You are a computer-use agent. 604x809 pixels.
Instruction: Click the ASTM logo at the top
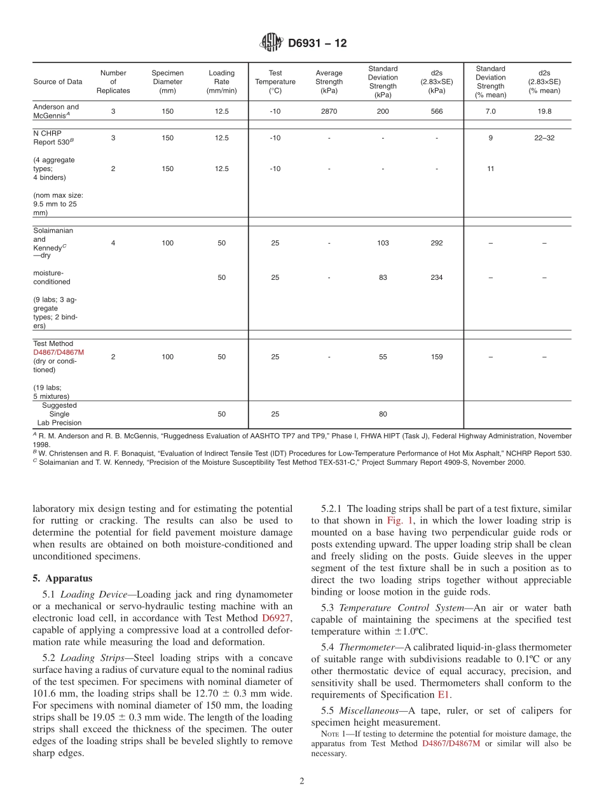[x=271, y=43]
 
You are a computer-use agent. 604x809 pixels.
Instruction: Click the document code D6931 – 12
[x=317, y=43]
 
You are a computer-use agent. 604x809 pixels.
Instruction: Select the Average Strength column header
[x=329, y=81]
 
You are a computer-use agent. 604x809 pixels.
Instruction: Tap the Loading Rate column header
[x=221, y=81]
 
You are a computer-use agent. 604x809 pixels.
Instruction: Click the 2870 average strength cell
[x=329, y=111]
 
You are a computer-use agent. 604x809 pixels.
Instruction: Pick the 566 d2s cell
[x=436, y=111]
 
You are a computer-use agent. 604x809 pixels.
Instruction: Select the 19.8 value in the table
[x=544, y=111]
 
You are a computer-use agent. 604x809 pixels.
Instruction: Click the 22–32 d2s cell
[x=544, y=137]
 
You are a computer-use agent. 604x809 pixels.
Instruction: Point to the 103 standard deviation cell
[x=383, y=243]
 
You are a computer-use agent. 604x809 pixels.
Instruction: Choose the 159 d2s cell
[x=436, y=357]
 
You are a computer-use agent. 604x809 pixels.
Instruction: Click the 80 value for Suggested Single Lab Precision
[x=383, y=414]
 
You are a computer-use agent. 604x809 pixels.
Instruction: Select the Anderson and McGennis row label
[x=56, y=111]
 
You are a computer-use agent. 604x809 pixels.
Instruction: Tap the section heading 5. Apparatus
[x=62, y=578]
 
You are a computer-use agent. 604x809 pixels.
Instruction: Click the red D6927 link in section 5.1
[x=277, y=618]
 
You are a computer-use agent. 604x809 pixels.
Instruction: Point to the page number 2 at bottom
[x=302, y=781]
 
